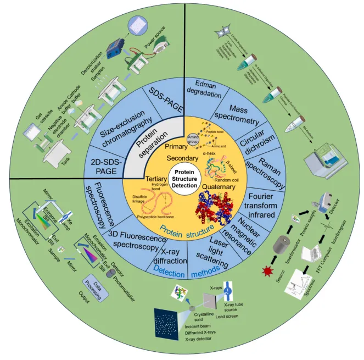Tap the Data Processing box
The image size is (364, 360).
tap(92, 281)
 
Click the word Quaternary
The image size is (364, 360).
tap(218, 187)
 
